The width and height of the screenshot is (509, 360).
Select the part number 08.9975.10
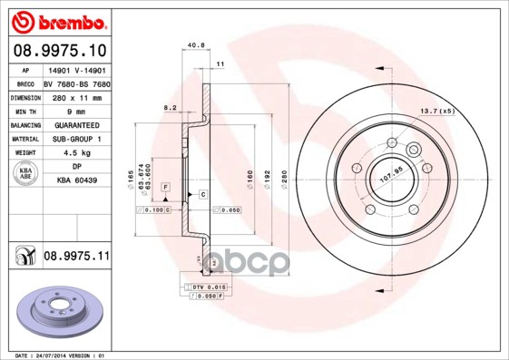60,51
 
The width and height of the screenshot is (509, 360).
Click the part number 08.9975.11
76,257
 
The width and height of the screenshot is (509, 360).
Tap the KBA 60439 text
75,181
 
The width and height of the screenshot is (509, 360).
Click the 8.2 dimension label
170,107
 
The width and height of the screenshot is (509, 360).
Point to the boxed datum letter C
202,195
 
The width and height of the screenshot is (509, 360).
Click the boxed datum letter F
165,186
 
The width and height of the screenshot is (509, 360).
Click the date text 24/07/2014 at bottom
64,355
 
